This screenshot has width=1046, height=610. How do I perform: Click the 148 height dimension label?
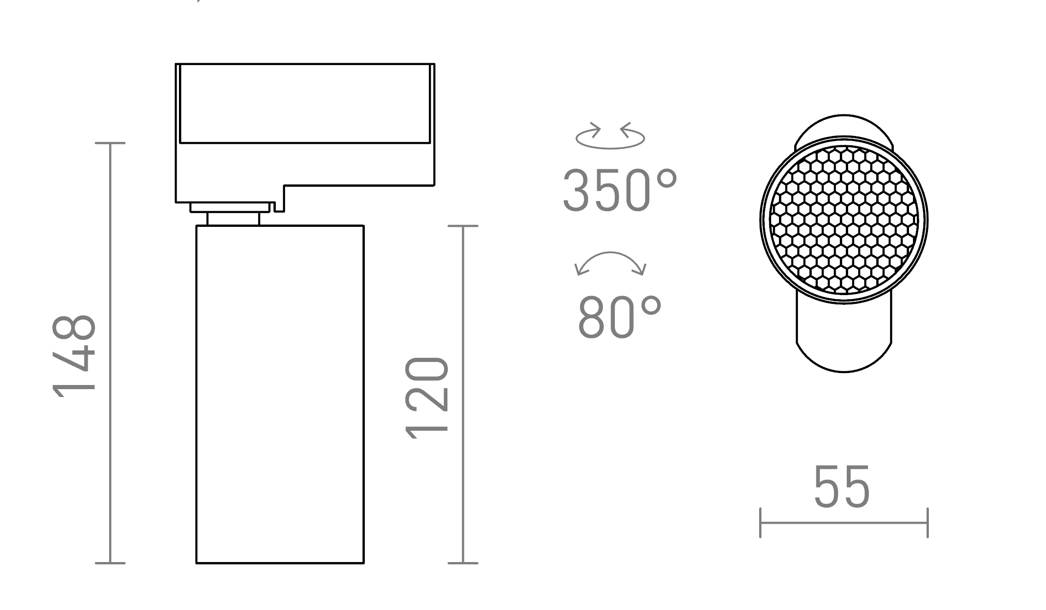tap(74, 355)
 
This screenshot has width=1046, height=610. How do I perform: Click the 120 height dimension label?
tap(427, 397)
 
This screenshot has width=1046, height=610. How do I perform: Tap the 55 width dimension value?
tap(842, 487)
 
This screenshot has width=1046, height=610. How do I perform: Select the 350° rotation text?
tap(619, 190)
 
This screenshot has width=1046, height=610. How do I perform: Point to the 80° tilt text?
tap(619, 317)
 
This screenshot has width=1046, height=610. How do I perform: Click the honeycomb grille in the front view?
tap(844, 220)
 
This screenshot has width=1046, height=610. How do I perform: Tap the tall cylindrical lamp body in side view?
tap(280, 394)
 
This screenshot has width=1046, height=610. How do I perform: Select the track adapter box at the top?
tap(304, 124)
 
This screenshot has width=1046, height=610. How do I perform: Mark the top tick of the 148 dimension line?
tap(110, 143)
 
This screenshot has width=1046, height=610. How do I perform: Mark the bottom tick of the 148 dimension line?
tap(110, 563)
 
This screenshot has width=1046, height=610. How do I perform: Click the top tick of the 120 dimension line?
tap(463, 226)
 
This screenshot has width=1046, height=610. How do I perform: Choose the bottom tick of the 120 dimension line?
tap(463, 563)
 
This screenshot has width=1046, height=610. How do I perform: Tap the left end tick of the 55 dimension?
tap(760, 523)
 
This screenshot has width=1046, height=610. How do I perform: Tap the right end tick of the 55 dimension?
tap(927, 523)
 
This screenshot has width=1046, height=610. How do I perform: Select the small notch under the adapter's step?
tap(279, 207)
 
